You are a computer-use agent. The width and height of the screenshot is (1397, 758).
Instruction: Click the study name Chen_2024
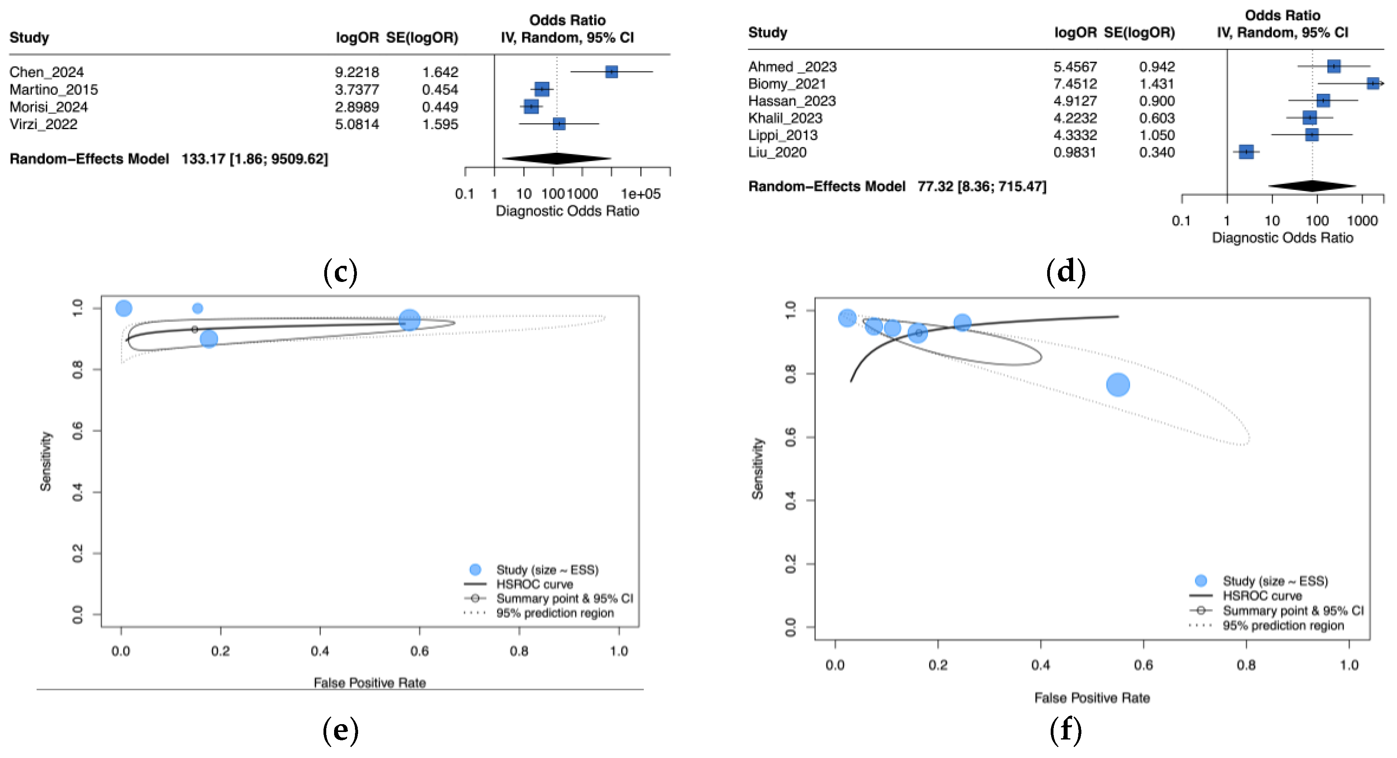[x=47, y=72]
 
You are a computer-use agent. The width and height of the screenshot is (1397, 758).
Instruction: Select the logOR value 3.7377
[x=357, y=89]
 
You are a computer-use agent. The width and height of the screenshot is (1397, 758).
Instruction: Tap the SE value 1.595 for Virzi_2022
[x=440, y=124]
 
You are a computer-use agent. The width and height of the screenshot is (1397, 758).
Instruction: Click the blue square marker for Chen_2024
[x=611, y=72]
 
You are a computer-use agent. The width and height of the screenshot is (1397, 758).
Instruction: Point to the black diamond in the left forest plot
[x=557, y=158]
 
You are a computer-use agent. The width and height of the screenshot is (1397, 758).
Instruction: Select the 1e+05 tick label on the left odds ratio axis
[x=641, y=194]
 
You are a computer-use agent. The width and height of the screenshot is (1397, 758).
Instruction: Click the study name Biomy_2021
[x=787, y=84]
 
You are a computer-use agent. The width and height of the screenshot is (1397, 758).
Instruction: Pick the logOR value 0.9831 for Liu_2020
[x=1074, y=152]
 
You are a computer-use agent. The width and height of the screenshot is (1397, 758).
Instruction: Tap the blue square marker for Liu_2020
[x=1246, y=152]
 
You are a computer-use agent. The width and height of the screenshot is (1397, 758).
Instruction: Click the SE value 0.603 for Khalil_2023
[x=1156, y=118]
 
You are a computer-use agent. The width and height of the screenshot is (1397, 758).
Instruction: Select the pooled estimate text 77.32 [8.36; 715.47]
[x=981, y=187]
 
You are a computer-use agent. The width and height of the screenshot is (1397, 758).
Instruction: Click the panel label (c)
[x=340, y=271]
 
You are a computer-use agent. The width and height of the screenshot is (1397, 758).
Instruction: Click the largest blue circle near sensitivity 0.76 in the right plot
[x=1118, y=385]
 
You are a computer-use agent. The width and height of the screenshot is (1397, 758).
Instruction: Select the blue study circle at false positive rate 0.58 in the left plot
[x=409, y=320]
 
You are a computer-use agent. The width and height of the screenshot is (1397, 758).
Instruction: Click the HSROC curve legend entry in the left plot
[x=534, y=584]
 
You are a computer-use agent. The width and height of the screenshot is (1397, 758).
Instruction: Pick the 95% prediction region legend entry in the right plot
[x=1282, y=626]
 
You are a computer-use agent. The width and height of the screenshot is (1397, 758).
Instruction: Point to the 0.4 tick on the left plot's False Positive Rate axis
[x=320, y=651]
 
